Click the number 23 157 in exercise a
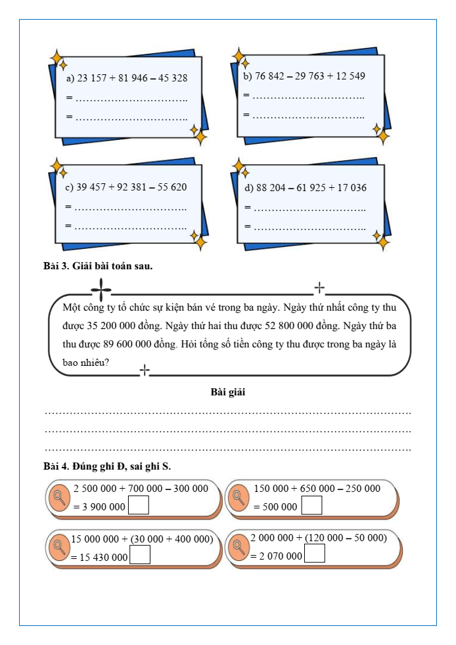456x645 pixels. [x=93, y=78]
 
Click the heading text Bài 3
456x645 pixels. [x=55, y=267]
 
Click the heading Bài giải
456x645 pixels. [x=228, y=393]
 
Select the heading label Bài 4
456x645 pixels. [x=55, y=466]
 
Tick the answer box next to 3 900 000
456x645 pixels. [x=139, y=506]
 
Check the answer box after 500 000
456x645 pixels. [x=312, y=506]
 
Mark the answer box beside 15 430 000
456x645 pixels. [x=141, y=556]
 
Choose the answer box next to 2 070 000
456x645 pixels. [x=315, y=555]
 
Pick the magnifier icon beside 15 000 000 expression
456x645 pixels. [x=60, y=546]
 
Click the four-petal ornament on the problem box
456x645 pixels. [x=102, y=288]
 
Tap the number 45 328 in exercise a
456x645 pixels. [x=169, y=78]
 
